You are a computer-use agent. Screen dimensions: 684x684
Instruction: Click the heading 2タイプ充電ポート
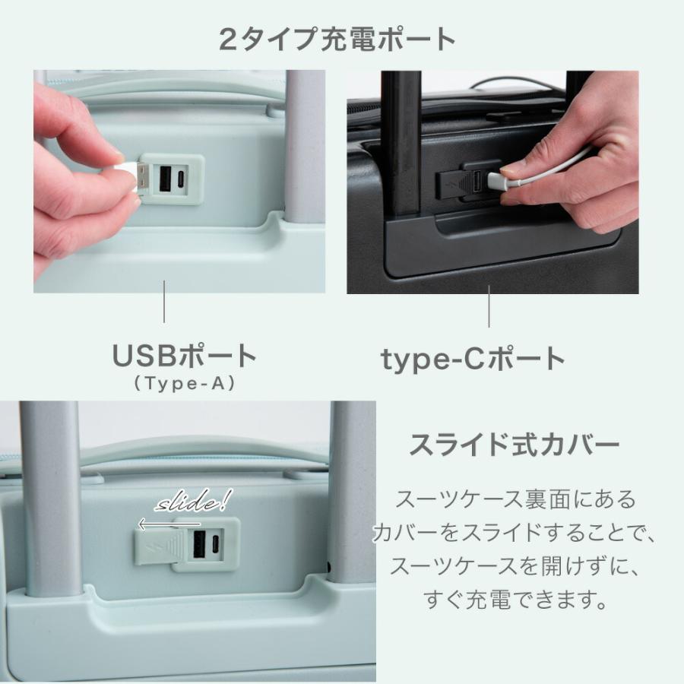point(337,40)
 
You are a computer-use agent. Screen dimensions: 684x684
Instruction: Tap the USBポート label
point(185,356)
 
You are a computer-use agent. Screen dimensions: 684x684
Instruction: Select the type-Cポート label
point(473,359)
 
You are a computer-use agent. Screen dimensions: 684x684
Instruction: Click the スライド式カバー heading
point(515,445)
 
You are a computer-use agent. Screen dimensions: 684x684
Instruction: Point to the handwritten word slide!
point(194,503)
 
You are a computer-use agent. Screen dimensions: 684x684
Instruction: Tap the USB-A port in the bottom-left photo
point(201,545)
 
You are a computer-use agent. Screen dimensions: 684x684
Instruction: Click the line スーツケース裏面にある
point(515,500)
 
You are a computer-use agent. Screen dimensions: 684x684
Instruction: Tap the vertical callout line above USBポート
point(165,302)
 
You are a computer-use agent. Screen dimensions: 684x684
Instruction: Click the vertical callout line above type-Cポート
point(489,306)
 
